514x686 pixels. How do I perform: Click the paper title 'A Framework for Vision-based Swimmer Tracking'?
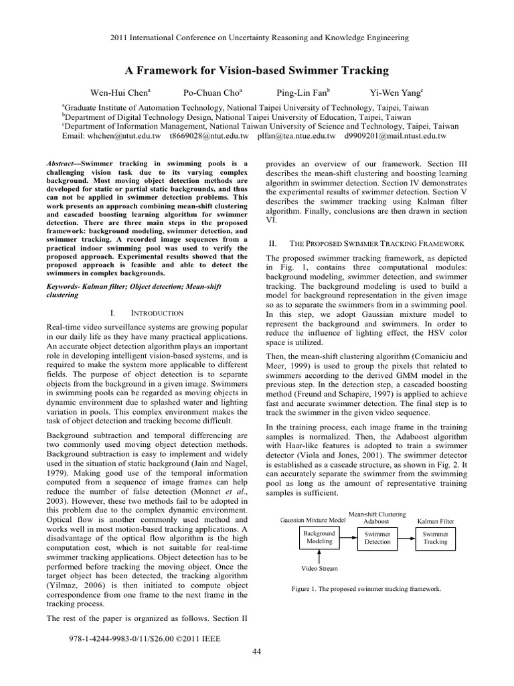257,70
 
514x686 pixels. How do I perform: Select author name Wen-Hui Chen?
120,92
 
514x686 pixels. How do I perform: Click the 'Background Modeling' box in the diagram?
320,537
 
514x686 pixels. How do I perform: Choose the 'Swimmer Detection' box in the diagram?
377,537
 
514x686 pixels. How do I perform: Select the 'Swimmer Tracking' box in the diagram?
436,537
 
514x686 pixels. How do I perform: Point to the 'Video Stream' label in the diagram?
319,568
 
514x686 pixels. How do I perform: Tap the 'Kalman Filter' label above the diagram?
436,519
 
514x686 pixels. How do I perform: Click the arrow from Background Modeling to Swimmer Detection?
349,537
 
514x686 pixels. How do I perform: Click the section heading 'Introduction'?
152,313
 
